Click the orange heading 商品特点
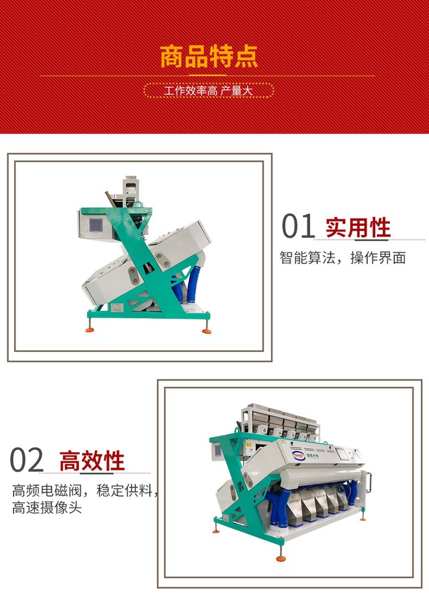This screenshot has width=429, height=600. pyautogui.click(x=209, y=57)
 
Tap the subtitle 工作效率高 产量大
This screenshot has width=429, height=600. pyautogui.click(x=209, y=91)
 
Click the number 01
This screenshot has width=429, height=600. pyautogui.click(x=298, y=226)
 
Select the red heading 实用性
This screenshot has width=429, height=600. pyautogui.click(x=358, y=228)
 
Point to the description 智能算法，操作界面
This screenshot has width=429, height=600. pyautogui.click(x=342, y=258)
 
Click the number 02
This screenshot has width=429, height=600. pyautogui.click(x=26, y=460)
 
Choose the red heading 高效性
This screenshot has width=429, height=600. pyautogui.click(x=92, y=461)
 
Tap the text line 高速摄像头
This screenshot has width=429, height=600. pyautogui.click(x=47, y=508)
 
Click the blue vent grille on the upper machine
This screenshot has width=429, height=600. pyautogui.click(x=96, y=225)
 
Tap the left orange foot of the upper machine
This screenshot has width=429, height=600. pyautogui.click(x=90, y=328)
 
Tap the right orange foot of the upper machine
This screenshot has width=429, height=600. pyautogui.click(x=206, y=329)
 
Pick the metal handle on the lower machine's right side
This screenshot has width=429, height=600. pyautogui.click(x=368, y=482)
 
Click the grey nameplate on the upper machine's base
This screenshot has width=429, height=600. pyautogui.click(x=117, y=307)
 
